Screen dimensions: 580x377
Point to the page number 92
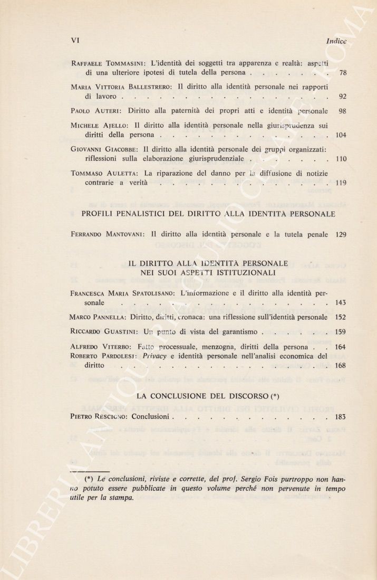point(342,97)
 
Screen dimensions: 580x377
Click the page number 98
point(342,111)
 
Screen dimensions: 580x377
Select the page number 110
point(341,159)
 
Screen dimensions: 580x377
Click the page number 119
point(341,183)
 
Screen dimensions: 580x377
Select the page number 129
point(341,234)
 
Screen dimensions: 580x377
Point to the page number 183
point(341,417)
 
